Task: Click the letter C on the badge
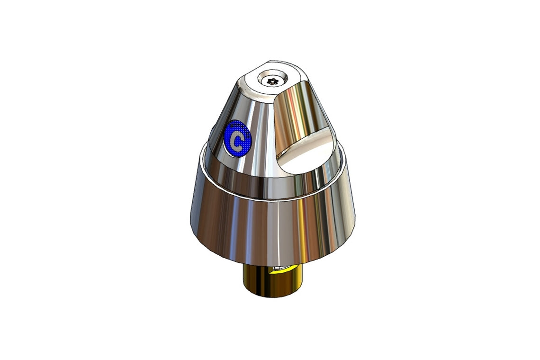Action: click(x=237, y=139)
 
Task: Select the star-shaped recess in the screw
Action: click(x=271, y=81)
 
